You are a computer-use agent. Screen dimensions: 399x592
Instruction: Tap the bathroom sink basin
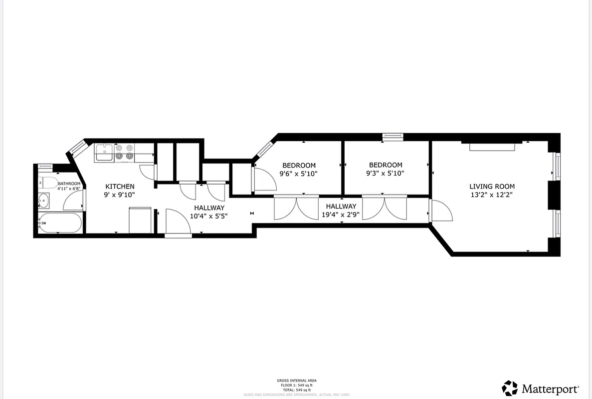[43, 201]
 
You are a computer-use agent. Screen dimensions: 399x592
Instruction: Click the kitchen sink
[104, 152]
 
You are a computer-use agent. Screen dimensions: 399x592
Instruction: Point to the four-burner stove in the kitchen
[124, 152]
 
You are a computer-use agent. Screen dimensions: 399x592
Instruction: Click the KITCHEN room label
[120, 186]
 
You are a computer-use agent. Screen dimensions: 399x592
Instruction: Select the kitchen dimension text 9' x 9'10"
[120, 195]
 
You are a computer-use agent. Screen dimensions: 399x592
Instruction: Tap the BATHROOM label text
[69, 184]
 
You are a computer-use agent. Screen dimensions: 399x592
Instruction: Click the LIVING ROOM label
[492, 186]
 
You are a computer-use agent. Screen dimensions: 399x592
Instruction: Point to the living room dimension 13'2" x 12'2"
[492, 195]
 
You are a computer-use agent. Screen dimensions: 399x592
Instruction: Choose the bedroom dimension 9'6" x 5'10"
[298, 174]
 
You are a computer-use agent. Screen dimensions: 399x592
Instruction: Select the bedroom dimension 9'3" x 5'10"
[386, 173]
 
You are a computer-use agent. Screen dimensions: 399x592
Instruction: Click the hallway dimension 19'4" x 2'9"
[341, 215]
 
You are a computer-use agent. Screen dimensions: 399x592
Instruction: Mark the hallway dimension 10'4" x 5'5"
[209, 216]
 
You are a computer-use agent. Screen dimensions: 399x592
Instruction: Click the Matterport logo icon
[510, 388]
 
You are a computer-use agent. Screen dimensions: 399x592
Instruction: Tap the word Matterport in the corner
[551, 389]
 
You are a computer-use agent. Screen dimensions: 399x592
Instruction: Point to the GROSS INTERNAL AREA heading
[296, 381]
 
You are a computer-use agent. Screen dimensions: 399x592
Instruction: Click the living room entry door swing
[442, 211]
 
